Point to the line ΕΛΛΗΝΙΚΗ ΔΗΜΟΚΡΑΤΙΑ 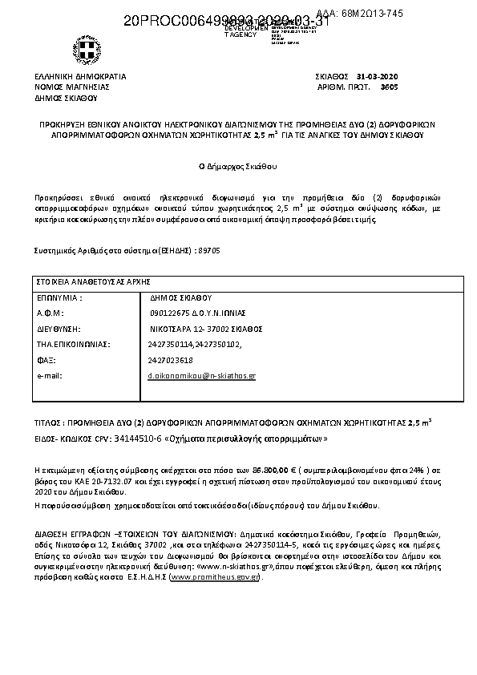point(79,75)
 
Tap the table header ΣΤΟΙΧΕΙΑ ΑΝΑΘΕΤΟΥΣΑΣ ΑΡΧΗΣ point(93,282)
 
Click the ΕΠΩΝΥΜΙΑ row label point(59,297)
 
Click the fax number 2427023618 point(171,360)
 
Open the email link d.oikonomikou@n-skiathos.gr point(202,375)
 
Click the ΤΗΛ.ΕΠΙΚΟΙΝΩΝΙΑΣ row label point(73,344)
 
